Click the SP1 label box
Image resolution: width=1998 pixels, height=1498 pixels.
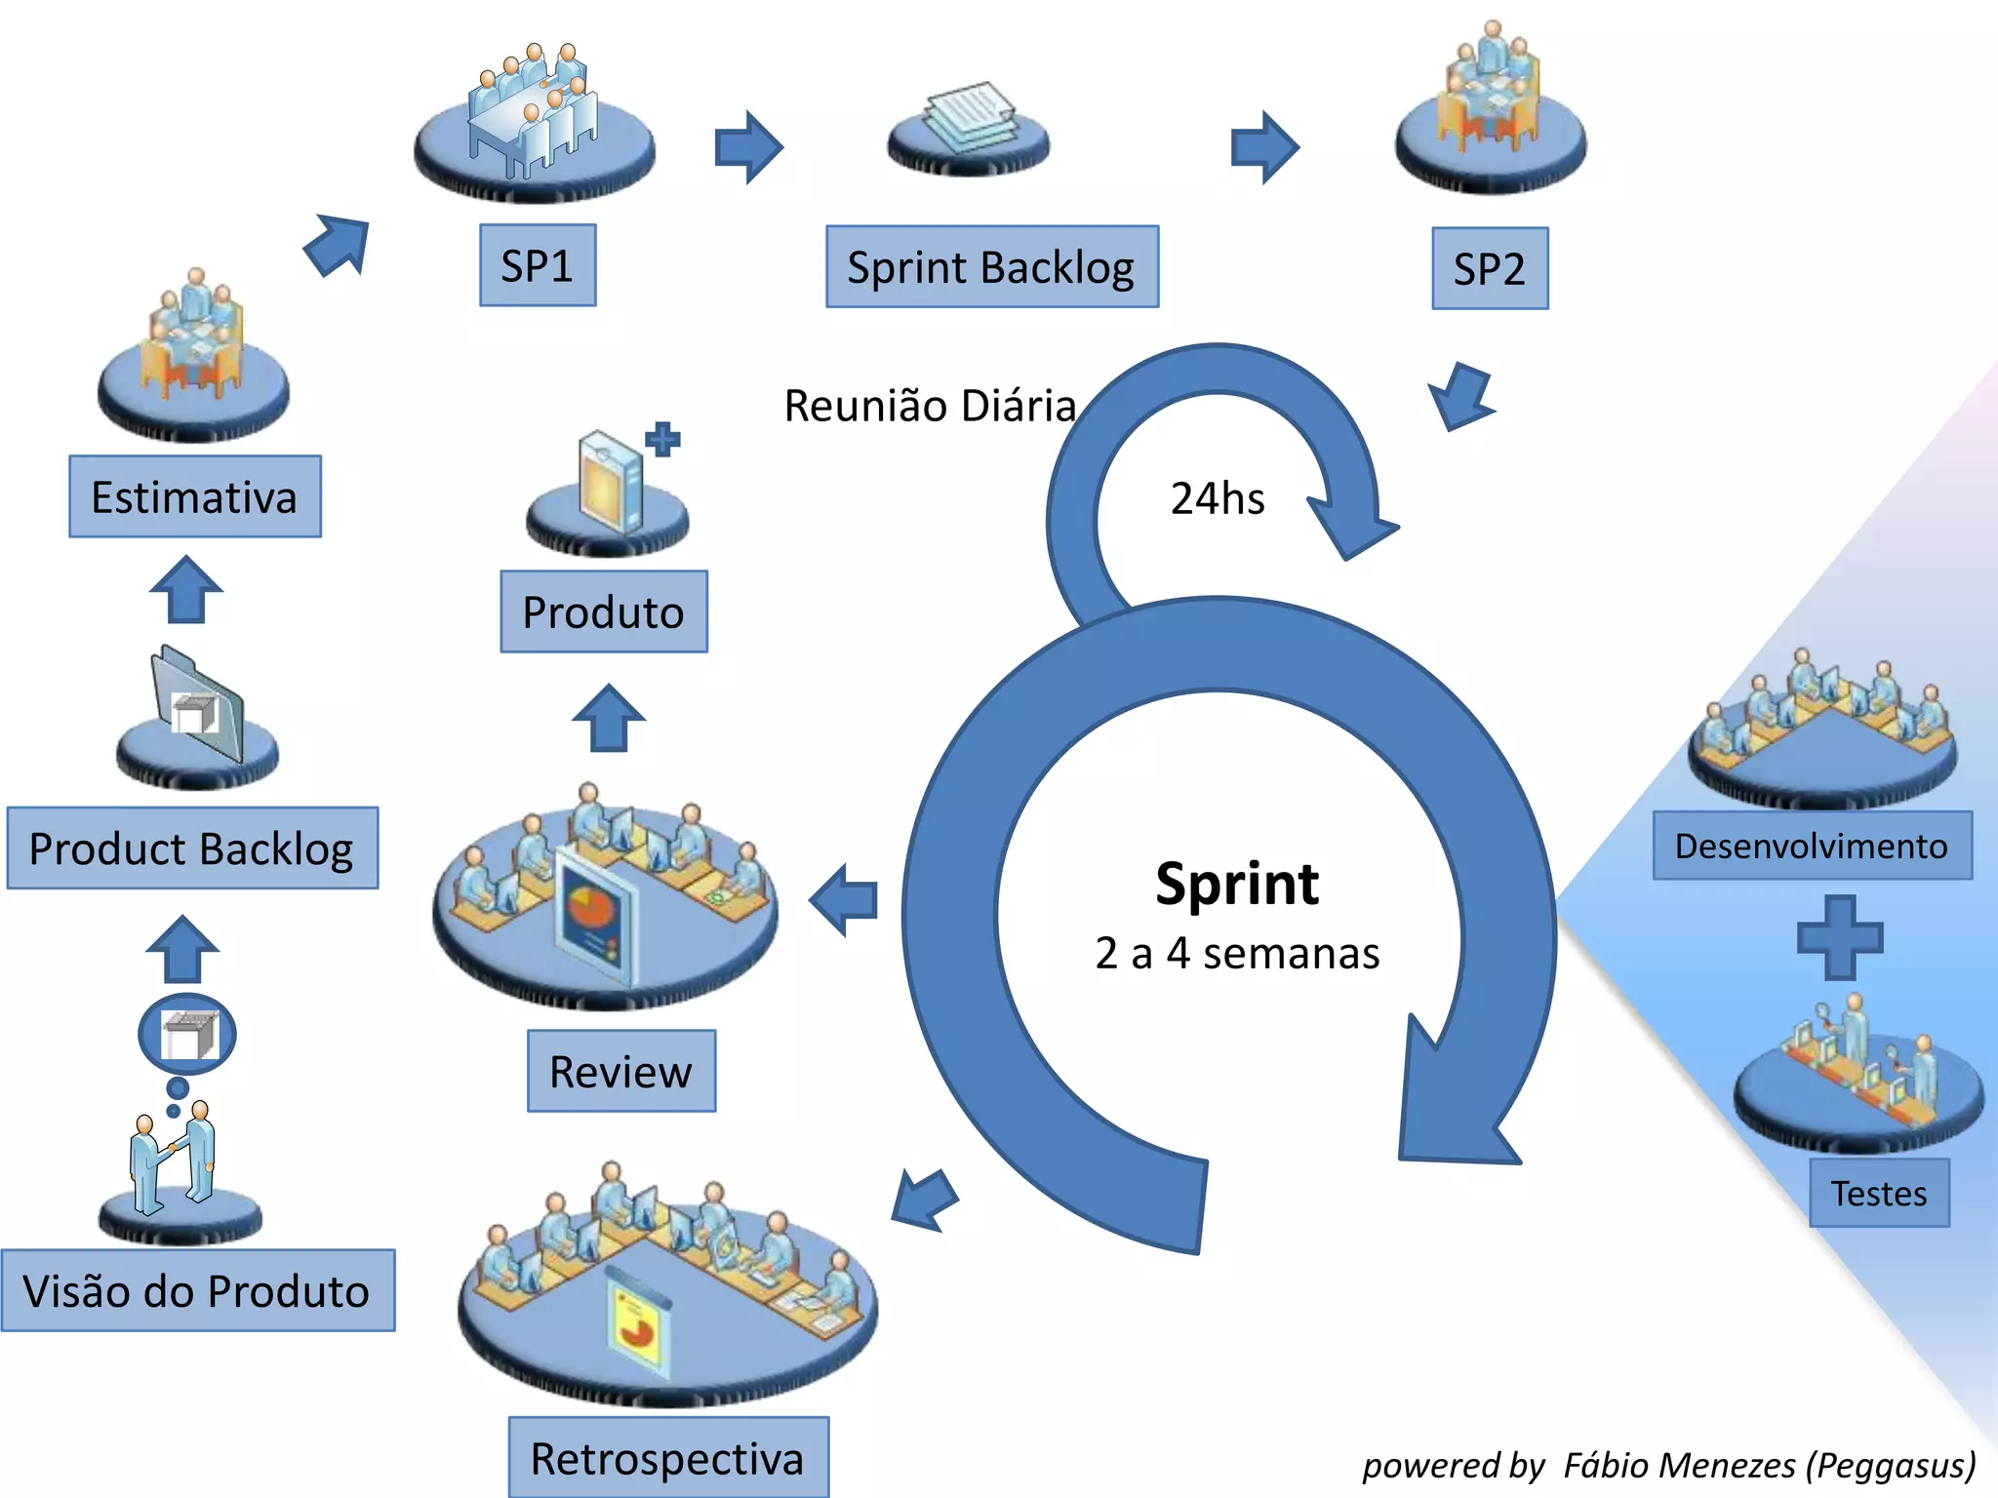pyautogui.click(x=538, y=265)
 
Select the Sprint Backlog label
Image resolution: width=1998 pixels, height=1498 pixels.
pyautogui.click(x=992, y=267)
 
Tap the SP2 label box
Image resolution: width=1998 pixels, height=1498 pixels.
pyautogui.click(x=1490, y=269)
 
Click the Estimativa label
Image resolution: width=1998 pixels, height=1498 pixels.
pyautogui.click(x=195, y=496)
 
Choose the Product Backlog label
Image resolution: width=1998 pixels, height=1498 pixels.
pyautogui.click(x=192, y=848)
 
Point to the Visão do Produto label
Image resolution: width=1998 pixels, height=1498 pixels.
pyautogui.click(x=197, y=1290)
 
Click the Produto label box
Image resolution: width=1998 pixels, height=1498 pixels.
pyautogui.click(x=604, y=611)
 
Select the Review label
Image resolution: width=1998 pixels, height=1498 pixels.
pyautogui.click(x=621, y=1071)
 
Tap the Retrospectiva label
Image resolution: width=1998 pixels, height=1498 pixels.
pyautogui.click(x=668, y=1458)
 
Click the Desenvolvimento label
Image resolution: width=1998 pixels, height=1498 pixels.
pyautogui.click(x=1812, y=846)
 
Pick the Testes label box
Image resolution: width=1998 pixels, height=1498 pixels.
pyautogui.click(x=1879, y=1193)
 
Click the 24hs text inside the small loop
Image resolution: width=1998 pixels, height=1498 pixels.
pyautogui.click(x=1218, y=498)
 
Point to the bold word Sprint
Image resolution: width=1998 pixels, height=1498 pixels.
pyautogui.click(x=1237, y=884)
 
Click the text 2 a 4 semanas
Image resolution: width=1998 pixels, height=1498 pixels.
pyautogui.click(x=1237, y=953)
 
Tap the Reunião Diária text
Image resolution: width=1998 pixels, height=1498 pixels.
pyautogui.click(x=930, y=406)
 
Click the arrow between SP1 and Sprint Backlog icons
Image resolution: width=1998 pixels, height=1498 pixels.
pyautogui.click(x=748, y=147)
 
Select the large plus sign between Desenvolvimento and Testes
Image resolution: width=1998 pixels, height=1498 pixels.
pyautogui.click(x=1840, y=937)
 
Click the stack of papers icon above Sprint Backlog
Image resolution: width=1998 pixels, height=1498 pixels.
pyautogui.click(x=969, y=122)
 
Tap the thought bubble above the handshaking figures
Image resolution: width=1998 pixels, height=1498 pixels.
pyautogui.click(x=187, y=1034)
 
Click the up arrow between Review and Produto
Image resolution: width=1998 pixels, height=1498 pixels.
pyautogui.click(x=609, y=718)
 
